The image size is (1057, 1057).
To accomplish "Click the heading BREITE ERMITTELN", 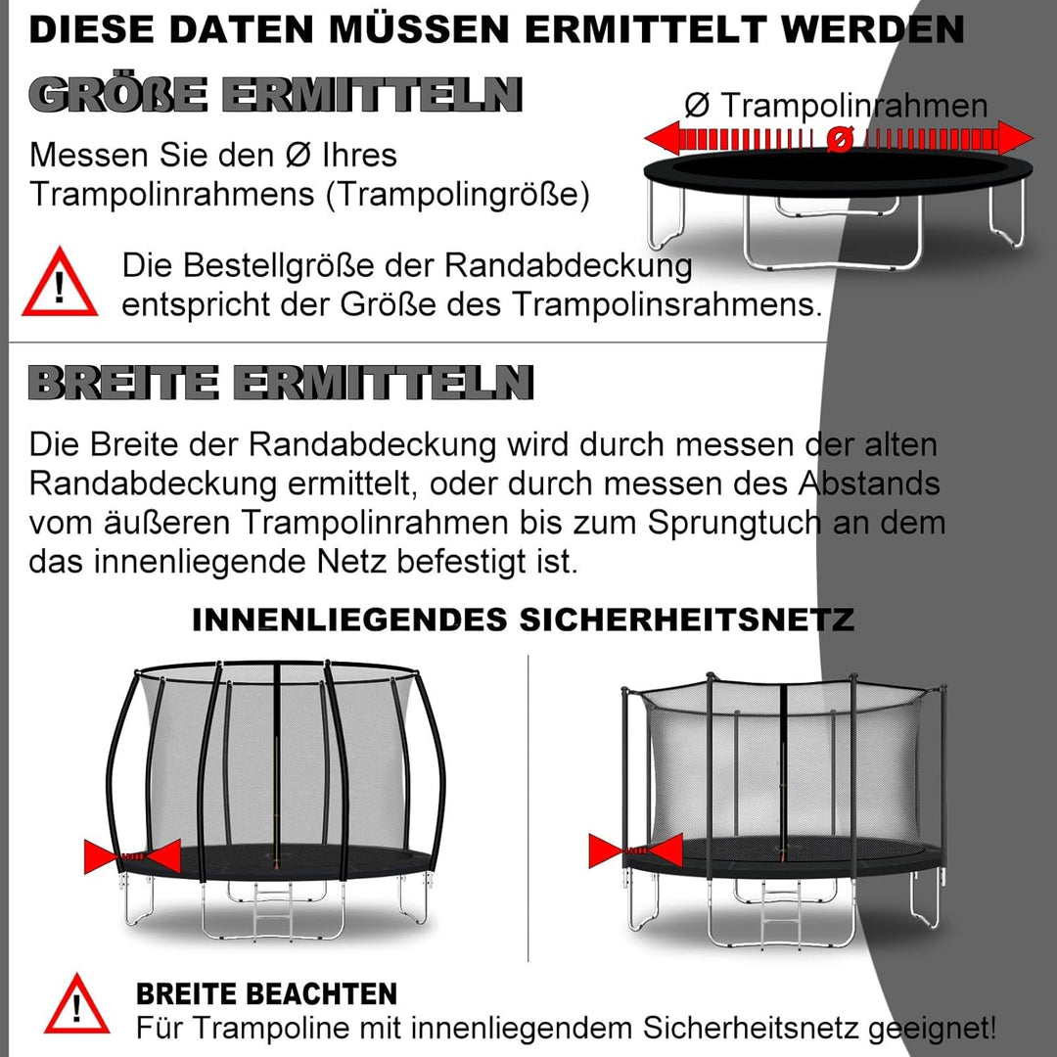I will click(281, 382).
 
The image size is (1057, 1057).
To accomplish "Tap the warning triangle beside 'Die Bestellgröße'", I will click(60, 284).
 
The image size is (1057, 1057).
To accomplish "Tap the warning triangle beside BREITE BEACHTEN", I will click(76, 1005).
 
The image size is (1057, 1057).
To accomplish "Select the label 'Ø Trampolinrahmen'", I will click(836, 106).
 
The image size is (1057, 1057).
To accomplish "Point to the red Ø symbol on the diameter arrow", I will click(838, 140).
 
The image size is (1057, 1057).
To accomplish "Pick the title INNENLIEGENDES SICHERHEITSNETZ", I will click(523, 620).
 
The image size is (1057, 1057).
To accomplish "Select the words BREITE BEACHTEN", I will click(266, 994).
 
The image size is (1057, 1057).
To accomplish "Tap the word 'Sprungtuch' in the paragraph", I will click(733, 522).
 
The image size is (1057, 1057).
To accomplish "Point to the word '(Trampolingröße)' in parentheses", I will click(458, 194).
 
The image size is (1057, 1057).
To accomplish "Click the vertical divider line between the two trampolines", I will click(528, 807).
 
